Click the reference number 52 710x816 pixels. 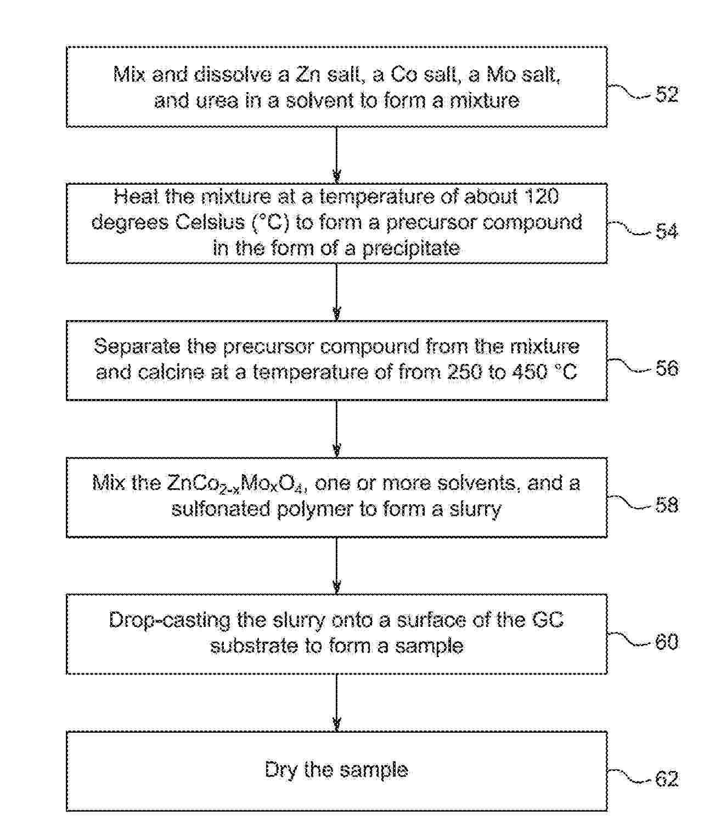(667, 94)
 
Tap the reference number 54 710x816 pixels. (667, 231)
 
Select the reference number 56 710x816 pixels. (667, 368)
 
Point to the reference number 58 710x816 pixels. (667, 505)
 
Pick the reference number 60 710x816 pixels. (667, 642)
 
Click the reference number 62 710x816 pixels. (667, 779)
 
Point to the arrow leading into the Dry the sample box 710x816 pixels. (337, 702)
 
